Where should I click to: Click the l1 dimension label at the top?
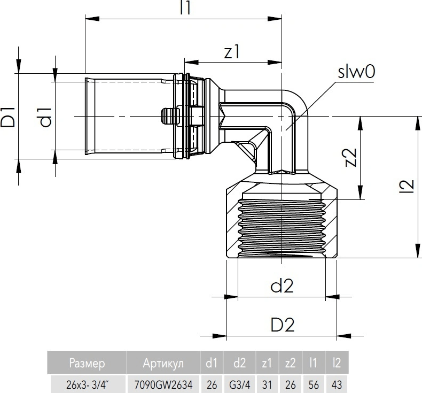pyautogui.click(x=186, y=8)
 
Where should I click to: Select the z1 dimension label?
pyautogui.click(x=232, y=51)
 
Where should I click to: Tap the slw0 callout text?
pyautogui.click(x=356, y=73)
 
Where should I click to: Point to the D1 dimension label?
pyautogui.click(x=9, y=117)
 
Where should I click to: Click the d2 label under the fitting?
pyautogui.click(x=282, y=286)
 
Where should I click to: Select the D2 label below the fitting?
pyautogui.click(x=282, y=325)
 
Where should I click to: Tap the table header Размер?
pyautogui.click(x=87, y=364)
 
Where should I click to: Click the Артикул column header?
pyautogui.click(x=163, y=364)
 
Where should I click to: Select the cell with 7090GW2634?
pyautogui.click(x=163, y=383)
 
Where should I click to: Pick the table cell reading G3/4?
pyautogui.click(x=240, y=383)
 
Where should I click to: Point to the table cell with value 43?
pyautogui.click(x=336, y=383)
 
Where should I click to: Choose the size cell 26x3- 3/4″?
pyautogui.click(x=87, y=383)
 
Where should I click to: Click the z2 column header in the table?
pyautogui.click(x=290, y=364)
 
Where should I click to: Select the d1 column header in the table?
pyautogui.click(x=212, y=364)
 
